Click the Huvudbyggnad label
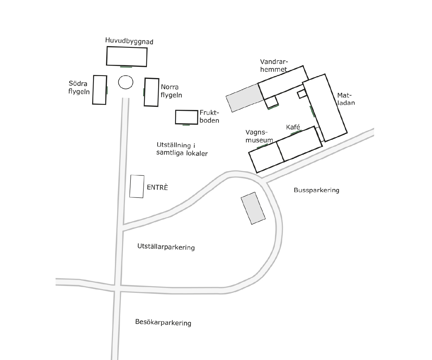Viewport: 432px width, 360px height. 129,41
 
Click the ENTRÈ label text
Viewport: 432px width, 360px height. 157,187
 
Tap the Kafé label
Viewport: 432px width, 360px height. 293,127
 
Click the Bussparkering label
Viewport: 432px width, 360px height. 316,190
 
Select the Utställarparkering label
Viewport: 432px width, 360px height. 166,247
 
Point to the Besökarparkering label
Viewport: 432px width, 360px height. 163,322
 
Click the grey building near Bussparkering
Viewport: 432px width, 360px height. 253,208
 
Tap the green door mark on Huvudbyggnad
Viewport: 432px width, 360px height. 126,67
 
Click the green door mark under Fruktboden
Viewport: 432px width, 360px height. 186,125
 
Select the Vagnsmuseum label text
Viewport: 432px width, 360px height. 259,136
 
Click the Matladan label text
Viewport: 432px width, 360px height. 346,99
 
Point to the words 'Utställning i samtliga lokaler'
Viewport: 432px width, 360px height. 182,149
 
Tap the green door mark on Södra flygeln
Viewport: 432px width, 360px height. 107,90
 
